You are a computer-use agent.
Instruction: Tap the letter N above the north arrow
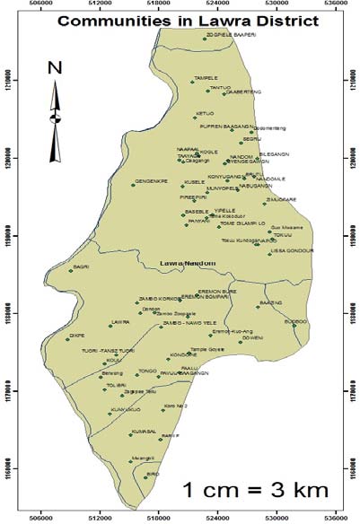55,67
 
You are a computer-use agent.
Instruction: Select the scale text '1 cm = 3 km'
256,490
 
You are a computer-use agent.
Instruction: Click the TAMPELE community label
206,79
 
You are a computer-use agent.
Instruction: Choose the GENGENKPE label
151,182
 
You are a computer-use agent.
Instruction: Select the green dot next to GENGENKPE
132,184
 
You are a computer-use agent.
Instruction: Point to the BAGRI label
82,266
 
